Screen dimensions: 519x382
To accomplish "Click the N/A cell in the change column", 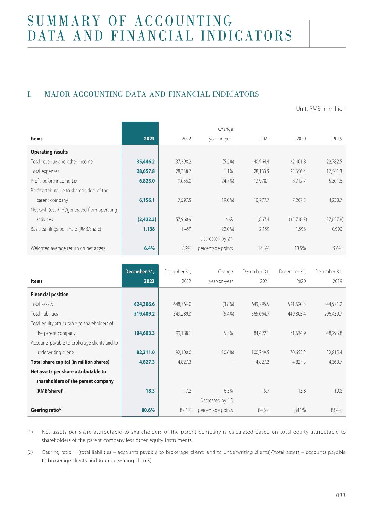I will [x=229, y=219].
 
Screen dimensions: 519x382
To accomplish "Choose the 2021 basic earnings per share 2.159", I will [x=264, y=229].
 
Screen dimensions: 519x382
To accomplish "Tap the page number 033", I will [x=341, y=495].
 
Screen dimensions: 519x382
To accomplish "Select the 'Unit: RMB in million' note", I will [x=321, y=109].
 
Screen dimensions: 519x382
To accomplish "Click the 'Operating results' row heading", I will [x=49, y=152].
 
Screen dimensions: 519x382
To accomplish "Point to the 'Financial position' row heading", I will [x=49, y=294].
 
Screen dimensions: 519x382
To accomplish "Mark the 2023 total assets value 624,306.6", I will [x=144, y=304].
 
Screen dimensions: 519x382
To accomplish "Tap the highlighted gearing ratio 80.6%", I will [x=148, y=410].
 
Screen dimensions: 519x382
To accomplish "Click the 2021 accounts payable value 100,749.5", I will [x=260, y=352].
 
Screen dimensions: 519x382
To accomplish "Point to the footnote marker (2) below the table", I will [x=30, y=452].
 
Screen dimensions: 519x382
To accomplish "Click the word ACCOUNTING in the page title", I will [x=183, y=21].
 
